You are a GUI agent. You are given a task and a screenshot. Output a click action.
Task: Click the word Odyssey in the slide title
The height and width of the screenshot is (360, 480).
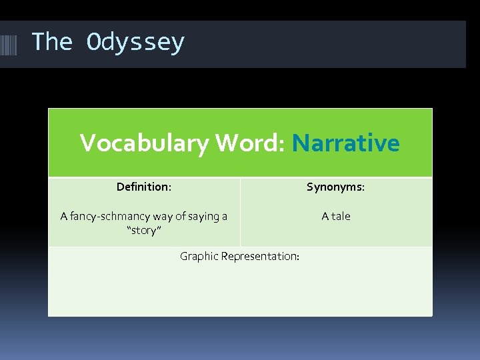(x=135, y=43)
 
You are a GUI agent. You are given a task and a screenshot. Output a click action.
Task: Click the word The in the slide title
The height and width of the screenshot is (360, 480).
(x=51, y=41)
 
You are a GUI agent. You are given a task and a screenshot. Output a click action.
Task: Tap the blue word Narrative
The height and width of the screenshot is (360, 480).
(x=345, y=143)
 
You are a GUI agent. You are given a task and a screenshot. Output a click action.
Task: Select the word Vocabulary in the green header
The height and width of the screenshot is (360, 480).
(x=143, y=143)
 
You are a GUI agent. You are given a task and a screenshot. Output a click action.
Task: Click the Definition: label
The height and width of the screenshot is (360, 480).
(x=143, y=187)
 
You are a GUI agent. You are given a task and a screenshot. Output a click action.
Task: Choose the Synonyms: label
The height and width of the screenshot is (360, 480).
(x=335, y=187)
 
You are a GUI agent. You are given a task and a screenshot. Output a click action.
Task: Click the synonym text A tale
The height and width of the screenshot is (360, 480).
(x=335, y=216)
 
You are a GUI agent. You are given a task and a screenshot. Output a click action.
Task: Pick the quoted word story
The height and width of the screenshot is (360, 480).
(x=144, y=231)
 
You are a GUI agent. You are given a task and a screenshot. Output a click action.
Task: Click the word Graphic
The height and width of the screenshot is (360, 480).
(x=199, y=256)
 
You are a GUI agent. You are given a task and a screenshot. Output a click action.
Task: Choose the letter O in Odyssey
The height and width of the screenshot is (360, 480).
(x=93, y=42)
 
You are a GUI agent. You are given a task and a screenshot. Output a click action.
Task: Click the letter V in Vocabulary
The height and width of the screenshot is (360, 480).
(x=87, y=143)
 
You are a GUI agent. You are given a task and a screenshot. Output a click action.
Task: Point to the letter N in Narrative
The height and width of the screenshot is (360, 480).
(x=301, y=143)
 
